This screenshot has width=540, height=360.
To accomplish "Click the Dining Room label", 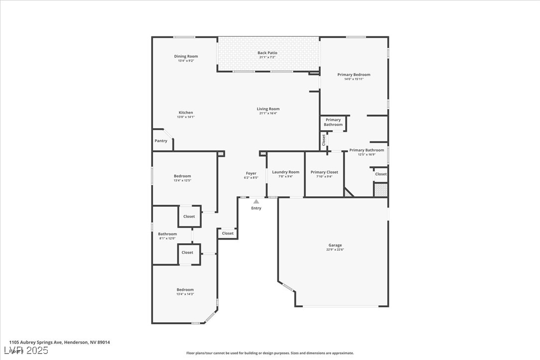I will coord(186,56).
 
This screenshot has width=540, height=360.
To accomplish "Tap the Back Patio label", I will coord(268,53).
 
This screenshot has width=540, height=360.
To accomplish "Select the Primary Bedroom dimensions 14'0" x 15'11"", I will coord(354,79).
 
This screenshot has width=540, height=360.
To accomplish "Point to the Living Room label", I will coord(268,109).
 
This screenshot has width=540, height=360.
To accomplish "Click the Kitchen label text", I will coord(186,112).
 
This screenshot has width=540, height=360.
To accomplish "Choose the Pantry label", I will coord(161,141).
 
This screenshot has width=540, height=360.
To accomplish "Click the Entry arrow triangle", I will coord(256,201).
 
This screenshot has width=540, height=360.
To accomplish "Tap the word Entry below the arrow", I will coord(256,208).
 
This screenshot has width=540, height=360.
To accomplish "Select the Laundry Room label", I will coord(286,172).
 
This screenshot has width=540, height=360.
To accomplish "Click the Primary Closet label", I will coord(324,172).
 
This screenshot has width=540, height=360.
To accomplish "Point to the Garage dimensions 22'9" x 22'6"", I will coord(335,250).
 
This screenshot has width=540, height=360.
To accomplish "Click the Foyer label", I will coord(251,173).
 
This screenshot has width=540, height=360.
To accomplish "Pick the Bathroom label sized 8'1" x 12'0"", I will coord(168,234).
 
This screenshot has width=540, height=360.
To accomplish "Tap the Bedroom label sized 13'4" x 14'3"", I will coord(185,289).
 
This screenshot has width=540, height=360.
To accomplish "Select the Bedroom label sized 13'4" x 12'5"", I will coord(182,176).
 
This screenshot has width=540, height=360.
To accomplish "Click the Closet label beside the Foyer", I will coord(228,233).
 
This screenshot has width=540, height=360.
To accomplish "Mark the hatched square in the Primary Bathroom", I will coord(380,189).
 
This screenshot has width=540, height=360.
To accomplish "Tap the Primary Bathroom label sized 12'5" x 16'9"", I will coord(366,150).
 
